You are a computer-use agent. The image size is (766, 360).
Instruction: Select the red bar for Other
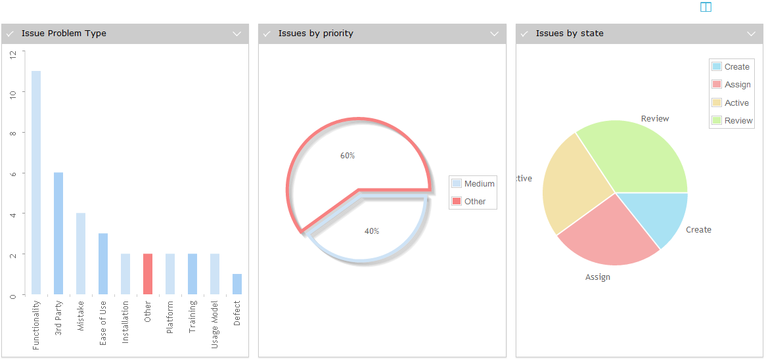tap(148, 274)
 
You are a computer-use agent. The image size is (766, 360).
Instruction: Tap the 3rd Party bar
tap(58, 233)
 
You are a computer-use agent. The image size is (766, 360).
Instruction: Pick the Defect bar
tap(237, 284)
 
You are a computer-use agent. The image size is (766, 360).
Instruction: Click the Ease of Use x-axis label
tap(103, 323)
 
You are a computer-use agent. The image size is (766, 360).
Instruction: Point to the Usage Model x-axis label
tap(215, 325)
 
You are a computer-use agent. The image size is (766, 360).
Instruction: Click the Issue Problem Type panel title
tap(64, 34)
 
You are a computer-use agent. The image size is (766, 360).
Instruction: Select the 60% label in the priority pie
tap(348, 156)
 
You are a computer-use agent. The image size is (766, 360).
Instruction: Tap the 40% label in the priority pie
tap(372, 231)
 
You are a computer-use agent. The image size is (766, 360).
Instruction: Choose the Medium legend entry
tap(473, 184)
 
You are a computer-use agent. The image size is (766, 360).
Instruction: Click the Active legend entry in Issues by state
tap(731, 103)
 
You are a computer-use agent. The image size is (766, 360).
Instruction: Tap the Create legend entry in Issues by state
tap(731, 67)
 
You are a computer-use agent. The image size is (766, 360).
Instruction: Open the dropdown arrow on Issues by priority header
tap(495, 34)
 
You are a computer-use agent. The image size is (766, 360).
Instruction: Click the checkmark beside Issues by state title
tap(525, 34)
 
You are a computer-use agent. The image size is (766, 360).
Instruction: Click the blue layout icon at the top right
tap(706, 7)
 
